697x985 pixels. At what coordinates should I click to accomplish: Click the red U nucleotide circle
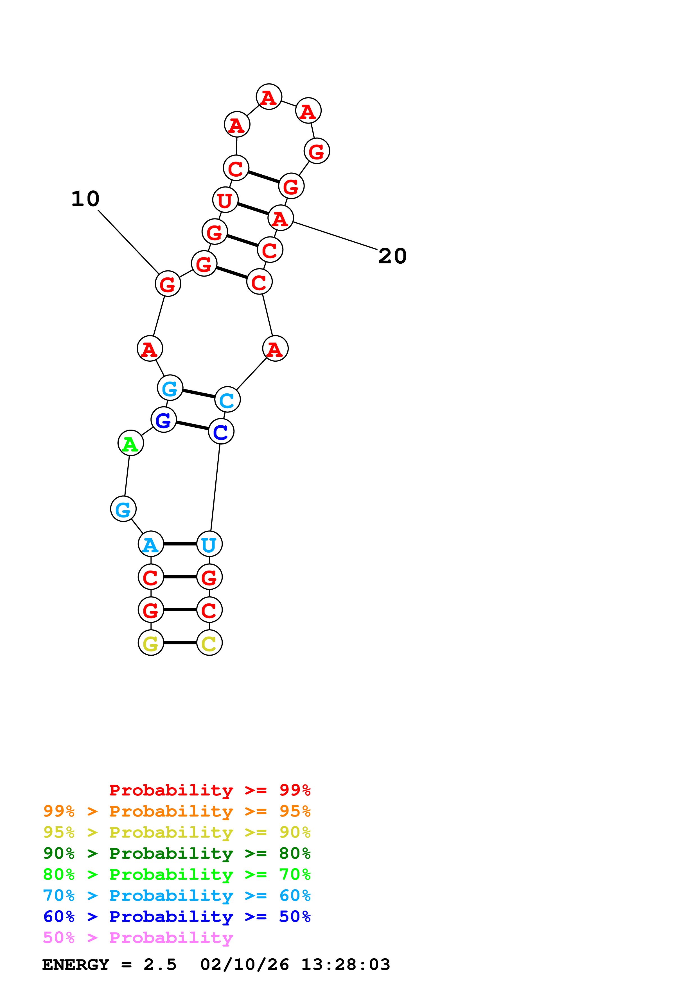(225, 200)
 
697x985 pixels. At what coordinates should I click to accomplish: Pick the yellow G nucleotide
(151, 643)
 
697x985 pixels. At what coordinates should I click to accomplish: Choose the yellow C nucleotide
(209, 643)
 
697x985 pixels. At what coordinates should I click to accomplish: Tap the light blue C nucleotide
(227, 400)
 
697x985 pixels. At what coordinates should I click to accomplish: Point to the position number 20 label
(392, 256)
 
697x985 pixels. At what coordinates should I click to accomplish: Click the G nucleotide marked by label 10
(168, 284)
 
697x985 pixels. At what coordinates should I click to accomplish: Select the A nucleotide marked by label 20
(280, 218)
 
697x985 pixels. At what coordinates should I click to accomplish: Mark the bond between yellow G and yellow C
(180, 643)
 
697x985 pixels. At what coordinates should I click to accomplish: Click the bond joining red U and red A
(253, 209)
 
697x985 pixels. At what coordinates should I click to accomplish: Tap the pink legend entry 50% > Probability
(138, 938)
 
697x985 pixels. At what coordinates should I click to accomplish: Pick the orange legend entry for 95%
(177, 811)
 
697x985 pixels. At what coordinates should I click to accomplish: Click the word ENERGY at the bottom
(76, 965)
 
